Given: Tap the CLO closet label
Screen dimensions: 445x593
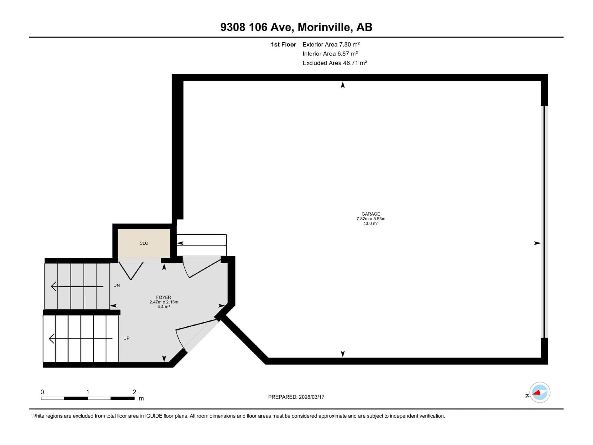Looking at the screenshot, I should tap(144, 243).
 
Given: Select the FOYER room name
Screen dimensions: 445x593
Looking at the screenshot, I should tap(164, 297).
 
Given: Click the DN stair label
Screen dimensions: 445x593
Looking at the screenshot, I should tap(116, 285).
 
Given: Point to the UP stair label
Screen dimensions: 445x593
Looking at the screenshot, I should tap(126, 338).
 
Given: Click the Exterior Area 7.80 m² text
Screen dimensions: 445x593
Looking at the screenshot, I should tap(331, 44).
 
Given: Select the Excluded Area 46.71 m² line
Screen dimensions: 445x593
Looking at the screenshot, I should tap(335, 63).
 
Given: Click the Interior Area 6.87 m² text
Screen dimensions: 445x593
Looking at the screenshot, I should tap(330, 54).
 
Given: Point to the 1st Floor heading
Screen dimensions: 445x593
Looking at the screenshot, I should tap(283, 44).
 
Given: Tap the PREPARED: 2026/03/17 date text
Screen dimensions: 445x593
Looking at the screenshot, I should tap(296, 397).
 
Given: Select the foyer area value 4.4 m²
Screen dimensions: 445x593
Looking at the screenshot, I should tap(164, 307).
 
